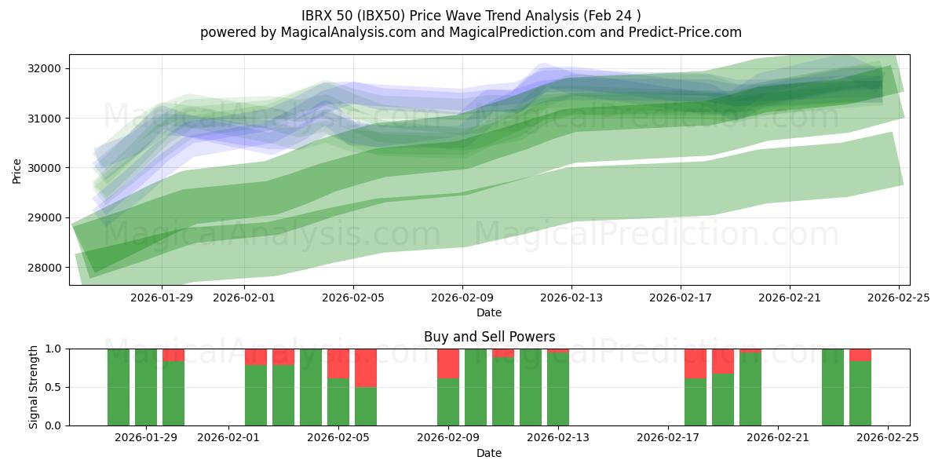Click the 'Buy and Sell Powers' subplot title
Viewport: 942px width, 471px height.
point(489,337)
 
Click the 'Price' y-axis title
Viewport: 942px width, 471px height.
point(17,170)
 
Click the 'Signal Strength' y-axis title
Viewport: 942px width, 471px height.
point(33,387)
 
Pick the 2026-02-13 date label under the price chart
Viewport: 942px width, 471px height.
point(571,298)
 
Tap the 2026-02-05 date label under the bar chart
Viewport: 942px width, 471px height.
point(338,438)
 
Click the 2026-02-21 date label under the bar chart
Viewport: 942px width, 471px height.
point(778,438)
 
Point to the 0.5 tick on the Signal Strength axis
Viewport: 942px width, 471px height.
point(55,387)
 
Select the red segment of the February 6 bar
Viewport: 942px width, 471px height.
point(366,367)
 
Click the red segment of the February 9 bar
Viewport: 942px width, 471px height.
point(448,363)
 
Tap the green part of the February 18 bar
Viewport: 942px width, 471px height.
point(696,402)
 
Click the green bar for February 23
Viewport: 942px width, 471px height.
point(833,387)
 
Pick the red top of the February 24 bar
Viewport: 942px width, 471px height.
point(860,355)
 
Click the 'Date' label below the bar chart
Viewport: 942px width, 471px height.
point(489,453)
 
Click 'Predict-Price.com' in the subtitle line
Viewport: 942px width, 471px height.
point(681,32)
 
